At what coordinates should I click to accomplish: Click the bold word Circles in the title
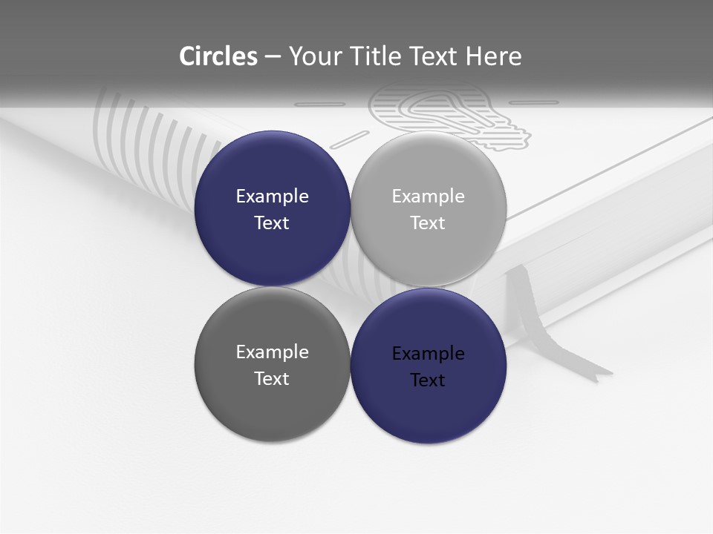point(218,56)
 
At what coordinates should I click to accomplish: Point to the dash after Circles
point(273,57)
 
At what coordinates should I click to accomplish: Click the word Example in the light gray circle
point(428,197)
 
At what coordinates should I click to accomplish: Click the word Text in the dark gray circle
point(272,378)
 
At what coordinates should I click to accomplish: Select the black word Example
point(428,354)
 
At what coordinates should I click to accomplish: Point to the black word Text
point(428,380)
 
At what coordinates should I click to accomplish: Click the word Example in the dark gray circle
point(272,352)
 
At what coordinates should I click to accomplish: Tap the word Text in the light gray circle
point(428,223)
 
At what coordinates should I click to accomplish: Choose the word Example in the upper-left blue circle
point(272,197)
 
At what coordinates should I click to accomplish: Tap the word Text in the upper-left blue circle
point(272,223)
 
